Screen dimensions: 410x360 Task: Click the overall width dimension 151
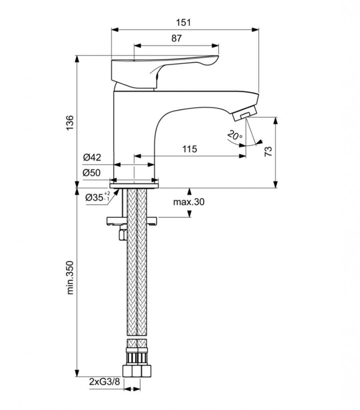[184, 22]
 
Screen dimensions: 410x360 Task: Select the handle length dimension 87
[176, 38]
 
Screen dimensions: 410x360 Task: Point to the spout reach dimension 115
[189, 149]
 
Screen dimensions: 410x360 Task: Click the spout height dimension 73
[268, 151]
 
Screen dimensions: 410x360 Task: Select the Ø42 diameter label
[92, 157]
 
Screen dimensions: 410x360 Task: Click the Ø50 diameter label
[92, 173]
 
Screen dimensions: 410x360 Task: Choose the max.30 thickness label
[188, 202]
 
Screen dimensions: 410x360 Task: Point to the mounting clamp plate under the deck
[132, 221]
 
